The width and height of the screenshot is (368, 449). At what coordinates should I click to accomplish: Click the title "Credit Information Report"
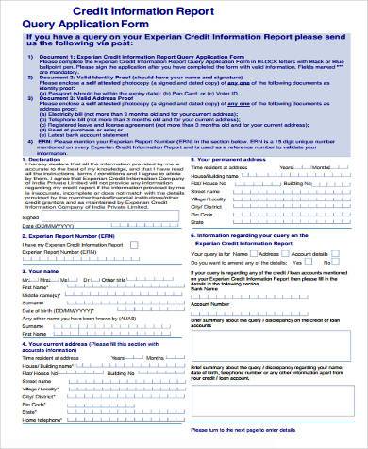click(184, 10)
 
